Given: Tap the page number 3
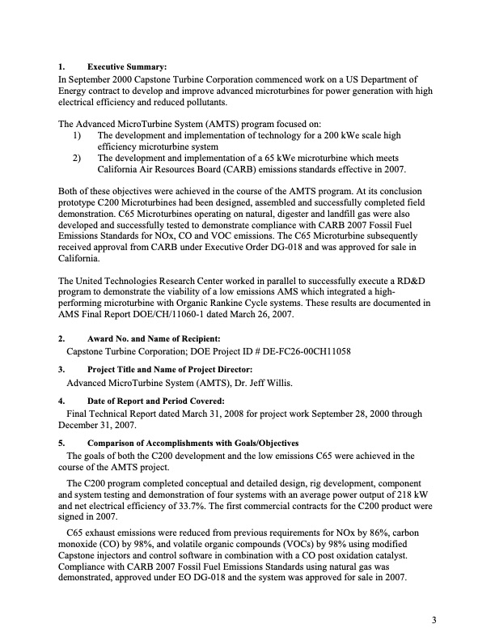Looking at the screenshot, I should coord(434,621).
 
